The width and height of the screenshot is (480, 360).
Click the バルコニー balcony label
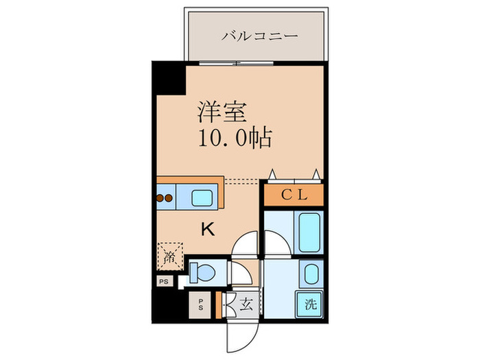[260, 36]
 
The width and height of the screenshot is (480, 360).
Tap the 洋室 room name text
[222, 111]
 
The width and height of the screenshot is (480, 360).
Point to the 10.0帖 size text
[235, 139]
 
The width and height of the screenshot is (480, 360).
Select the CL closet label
[294, 195]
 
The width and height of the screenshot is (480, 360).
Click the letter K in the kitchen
[208, 229]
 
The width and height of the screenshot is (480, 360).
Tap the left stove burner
[160, 198]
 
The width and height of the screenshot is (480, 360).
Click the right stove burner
[169, 198]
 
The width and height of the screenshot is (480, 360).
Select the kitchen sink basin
[202, 197]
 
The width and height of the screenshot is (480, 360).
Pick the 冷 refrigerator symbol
[170, 256]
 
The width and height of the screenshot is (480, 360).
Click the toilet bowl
[205, 272]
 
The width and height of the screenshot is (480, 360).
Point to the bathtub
[309, 232]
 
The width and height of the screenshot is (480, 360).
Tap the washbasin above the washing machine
[311, 274]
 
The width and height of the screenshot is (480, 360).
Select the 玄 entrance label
[245, 304]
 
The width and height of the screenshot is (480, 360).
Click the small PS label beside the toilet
[164, 281]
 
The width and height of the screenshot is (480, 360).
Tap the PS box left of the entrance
[200, 305]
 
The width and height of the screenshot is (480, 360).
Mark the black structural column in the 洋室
[169, 78]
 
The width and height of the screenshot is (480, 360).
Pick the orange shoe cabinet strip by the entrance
[218, 305]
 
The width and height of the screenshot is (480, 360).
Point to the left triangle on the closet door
[272, 174]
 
